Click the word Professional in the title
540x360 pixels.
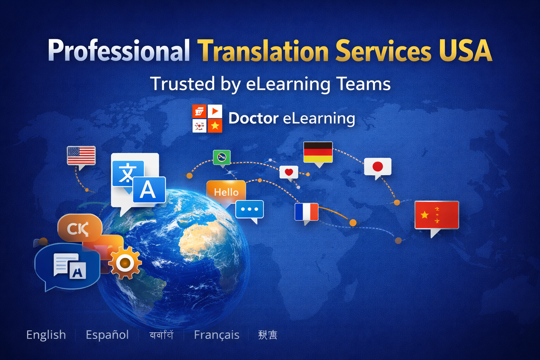tap(119, 51)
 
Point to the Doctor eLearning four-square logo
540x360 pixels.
tap(207, 118)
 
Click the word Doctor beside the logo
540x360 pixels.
tap(253, 118)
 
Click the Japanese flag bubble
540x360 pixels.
tap(378, 167)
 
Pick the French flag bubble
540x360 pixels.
tap(307, 212)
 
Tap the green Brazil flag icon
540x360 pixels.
tap(222, 157)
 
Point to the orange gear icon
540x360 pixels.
tap(125, 263)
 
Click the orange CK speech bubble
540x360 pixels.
tap(79, 229)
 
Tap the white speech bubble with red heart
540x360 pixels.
tap(289, 172)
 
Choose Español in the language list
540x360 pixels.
tap(107, 335)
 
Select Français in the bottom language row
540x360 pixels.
tap(217, 335)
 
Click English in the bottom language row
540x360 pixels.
tap(46, 335)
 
